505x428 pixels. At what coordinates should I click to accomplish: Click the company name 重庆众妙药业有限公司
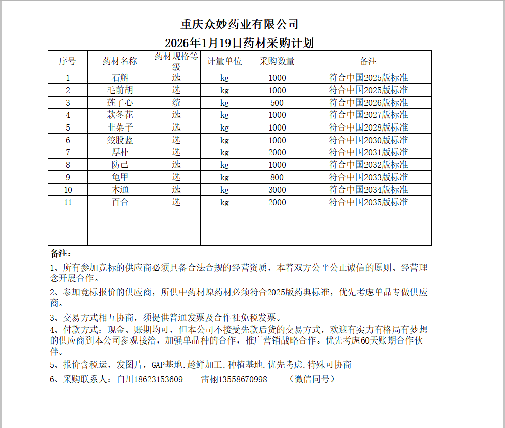click(239, 24)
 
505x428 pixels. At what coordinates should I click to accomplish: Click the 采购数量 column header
click(277, 61)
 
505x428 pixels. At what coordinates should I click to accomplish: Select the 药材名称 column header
click(120, 61)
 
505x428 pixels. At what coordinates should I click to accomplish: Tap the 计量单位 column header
click(224, 61)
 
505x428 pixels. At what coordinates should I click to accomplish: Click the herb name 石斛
click(120, 78)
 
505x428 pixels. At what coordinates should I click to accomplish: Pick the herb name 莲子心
click(120, 103)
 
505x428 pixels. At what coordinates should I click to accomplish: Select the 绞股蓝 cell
click(120, 140)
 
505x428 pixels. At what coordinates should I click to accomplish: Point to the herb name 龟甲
click(120, 177)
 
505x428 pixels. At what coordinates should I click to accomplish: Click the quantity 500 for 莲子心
click(277, 103)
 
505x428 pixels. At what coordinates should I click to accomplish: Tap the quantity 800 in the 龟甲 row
click(277, 178)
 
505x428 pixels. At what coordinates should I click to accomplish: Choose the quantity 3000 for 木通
click(277, 190)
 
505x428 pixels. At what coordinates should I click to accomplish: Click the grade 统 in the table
click(176, 103)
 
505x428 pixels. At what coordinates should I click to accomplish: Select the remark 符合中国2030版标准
click(369, 140)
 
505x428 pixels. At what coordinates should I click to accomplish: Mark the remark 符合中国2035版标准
click(369, 202)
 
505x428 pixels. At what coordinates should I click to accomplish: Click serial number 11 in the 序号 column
click(68, 203)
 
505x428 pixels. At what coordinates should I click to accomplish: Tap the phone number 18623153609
click(157, 379)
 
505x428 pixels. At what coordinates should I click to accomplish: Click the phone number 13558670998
click(241, 379)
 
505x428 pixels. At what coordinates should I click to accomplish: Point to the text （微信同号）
click(312, 379)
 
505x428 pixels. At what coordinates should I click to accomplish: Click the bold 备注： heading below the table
click(61, 253)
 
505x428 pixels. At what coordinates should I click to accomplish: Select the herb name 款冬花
click(120, 115)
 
